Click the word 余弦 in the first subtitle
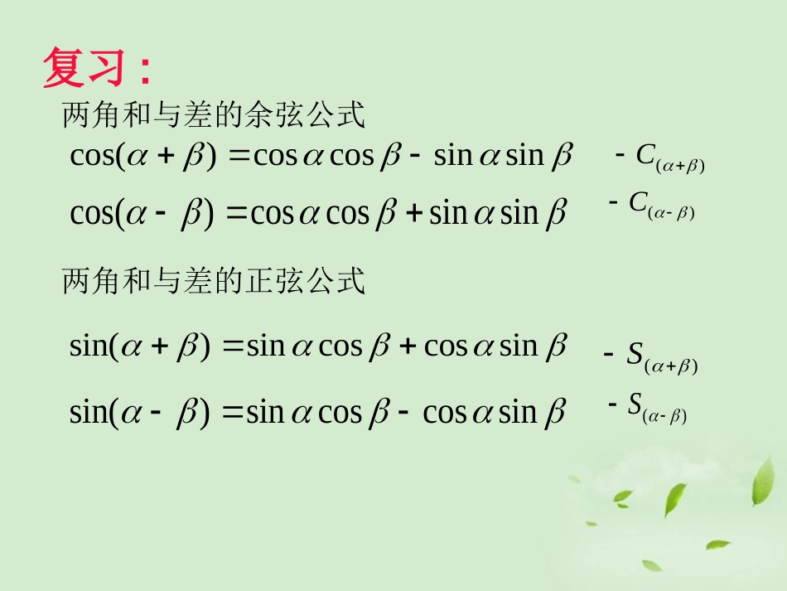(x=274, y=117)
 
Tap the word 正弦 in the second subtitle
(x=274, y=283)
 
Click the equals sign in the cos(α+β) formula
(x=239, y=157)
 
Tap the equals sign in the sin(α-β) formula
(x=234, y=412)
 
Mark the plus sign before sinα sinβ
(x=414, y=214)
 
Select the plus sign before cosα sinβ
(x=408, y=346)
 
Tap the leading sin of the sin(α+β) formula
(x=88, y=346)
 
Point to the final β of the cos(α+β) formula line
(x=562, y=156)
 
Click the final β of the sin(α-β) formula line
(x=555, y=412)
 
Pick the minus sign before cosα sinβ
(x=403, y=412)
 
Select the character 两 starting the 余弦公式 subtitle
(x=74, y=117)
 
